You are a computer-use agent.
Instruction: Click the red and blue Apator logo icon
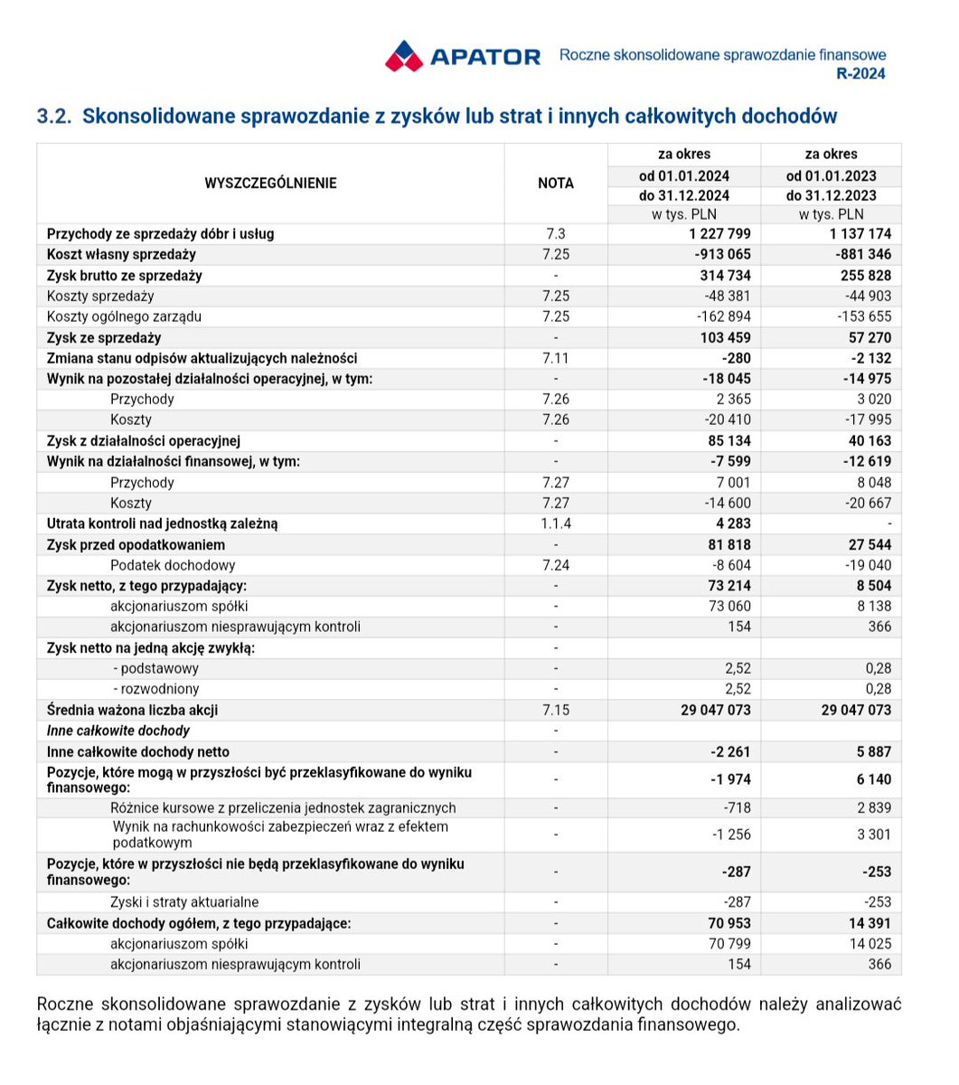click(x=403, y=56)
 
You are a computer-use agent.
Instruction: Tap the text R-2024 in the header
click(x=861, y=74)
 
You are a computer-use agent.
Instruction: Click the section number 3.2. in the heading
click(x=54, y=116)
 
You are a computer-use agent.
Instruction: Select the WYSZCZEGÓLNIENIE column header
click(x=270, y=184)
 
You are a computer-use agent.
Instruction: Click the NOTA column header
click(x=555, y=184)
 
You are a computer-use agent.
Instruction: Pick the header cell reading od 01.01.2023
click(x=831, y=175)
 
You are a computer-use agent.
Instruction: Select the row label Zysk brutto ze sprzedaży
click(x=124, y=276)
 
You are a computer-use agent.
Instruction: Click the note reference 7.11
click(x=555, y=358)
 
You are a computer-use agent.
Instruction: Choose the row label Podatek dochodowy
click(x=173, y=565)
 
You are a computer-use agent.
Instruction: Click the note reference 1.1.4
click(x=555, y=524)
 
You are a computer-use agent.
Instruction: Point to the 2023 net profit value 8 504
click(x=871, y=586)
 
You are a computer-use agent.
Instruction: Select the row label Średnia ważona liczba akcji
click(x=132, y=710)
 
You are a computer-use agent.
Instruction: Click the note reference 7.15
click(x=555, y=710)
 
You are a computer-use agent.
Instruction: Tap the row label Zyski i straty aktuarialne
click(x=184, y=902)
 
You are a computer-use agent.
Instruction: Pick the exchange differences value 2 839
click(x=873, y=808)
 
